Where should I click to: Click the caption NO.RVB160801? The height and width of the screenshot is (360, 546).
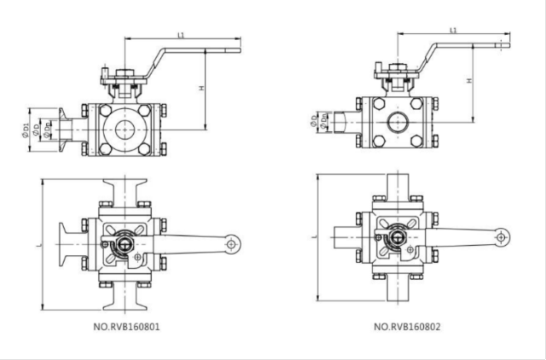(x=125, y=327)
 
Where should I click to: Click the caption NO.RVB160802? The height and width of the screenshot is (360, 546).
(x=407, y=327)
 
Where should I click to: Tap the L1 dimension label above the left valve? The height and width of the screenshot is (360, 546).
(x=181, y=35)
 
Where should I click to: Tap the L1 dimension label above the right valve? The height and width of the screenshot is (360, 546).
(x=454, y=31)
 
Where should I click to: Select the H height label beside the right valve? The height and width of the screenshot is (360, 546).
(x=469, y=80)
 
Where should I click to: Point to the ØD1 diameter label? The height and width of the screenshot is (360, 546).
(x=26, y=130)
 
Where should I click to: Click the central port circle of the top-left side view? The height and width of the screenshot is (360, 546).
(x=126, y=131)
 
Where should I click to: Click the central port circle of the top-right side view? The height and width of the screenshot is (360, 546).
(x=398, y=121)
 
